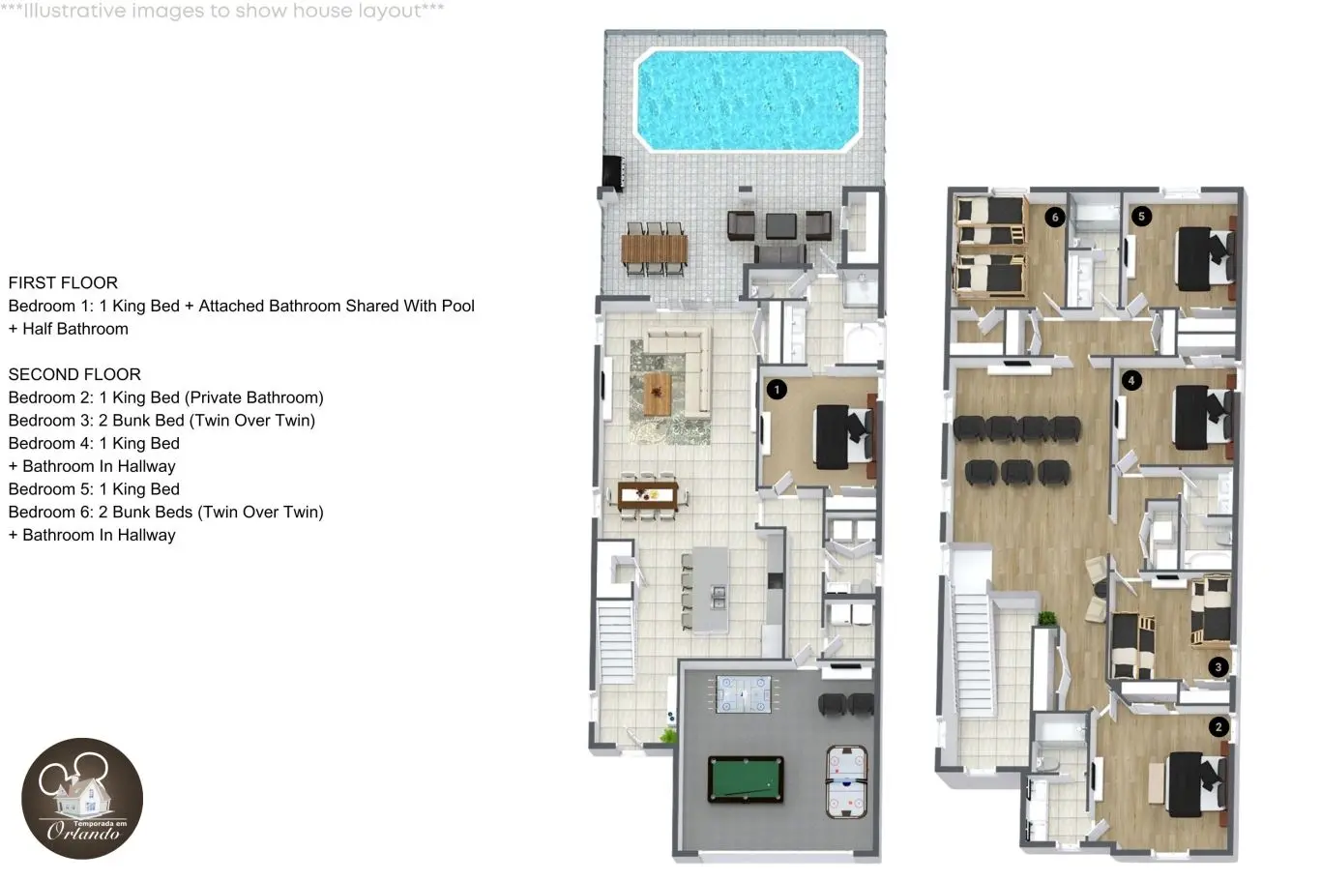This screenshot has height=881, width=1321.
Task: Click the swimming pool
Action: (748, 101)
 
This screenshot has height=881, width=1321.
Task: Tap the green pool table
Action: (746, 779)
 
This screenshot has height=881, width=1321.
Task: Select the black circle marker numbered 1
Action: (777, 390)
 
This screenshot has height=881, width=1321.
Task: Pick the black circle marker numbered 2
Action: (1218, 727)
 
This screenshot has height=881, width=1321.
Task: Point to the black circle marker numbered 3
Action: (1218, 667)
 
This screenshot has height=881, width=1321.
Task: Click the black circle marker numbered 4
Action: (1131, 380)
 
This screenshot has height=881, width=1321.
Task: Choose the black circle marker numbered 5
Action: (1142, 217)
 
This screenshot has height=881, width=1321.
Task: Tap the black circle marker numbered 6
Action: (1055, 217)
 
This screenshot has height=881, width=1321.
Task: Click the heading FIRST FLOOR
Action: (63, 283)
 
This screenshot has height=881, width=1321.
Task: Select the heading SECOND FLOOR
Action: (74, 374)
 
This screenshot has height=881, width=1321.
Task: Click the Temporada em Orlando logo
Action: (82, 799)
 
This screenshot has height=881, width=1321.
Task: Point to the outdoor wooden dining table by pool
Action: (655, 250)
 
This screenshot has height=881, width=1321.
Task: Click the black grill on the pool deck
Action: (612, 173)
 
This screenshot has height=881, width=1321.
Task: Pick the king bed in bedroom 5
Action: (1205, 258)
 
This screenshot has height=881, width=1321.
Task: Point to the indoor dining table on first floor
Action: (648, 496)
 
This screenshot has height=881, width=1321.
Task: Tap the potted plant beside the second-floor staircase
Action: (1046, 619)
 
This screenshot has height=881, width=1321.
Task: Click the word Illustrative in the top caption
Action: (74, 11)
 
